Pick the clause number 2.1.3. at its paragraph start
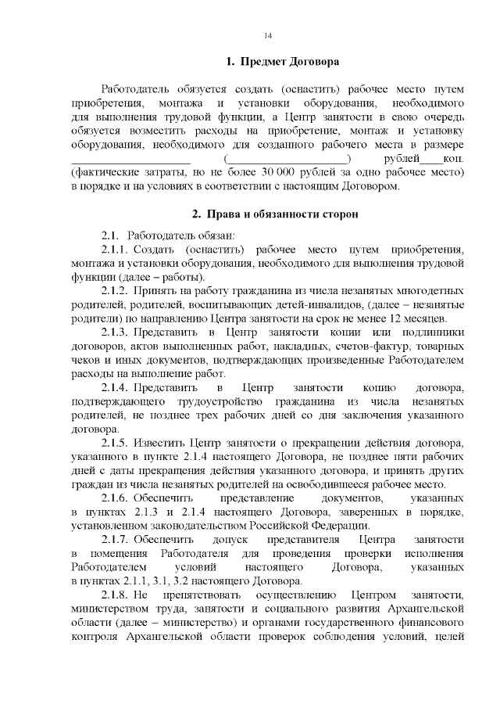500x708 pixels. pyautogui.click(x=115, y=332)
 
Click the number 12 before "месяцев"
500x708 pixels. pyautogui.click(x=398, y=319)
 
